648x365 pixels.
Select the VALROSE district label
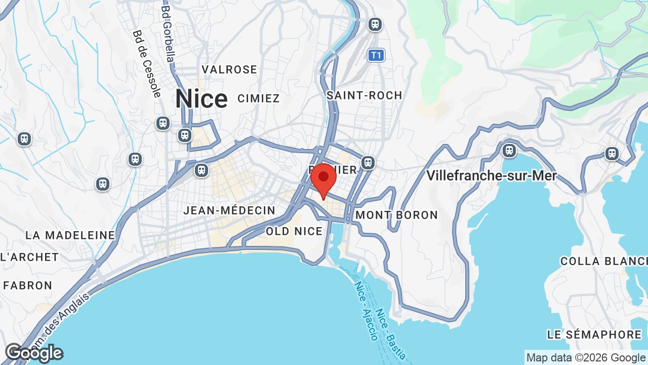pyautogui.click(x=229, y=69)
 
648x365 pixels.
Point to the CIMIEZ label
pyautogui.click(x=258, y=98)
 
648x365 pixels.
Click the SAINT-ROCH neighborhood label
pyautogui.click(x=364, y=95)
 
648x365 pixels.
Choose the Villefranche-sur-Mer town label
pyautogui.click(x=491, y=176)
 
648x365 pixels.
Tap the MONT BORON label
pyautogui.click(x=396, y=215)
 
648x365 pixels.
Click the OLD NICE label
pyautogui.click(x=294, y=231)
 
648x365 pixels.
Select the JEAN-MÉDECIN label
pyautogui.click(x=229, y=210)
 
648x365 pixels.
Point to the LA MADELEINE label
pyautogui.click(x=70, y=235)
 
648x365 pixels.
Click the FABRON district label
pyautogui.click(x=28, y=285)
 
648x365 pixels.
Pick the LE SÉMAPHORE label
pyautogui.click(x=594, y=335)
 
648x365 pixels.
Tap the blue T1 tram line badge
pyautogui.click(x=376, y=55)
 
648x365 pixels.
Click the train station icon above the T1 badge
pyautogui.click(x=375, y=24)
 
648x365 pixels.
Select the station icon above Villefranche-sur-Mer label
pyautogui.click(x=509, y=151)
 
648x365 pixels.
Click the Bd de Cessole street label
pyautogui.click(x=147, y=63)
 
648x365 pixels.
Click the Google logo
pyautogui.click(x=34, y=353)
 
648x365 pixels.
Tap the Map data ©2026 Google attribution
pyautogui.click(x=586, y=357)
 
